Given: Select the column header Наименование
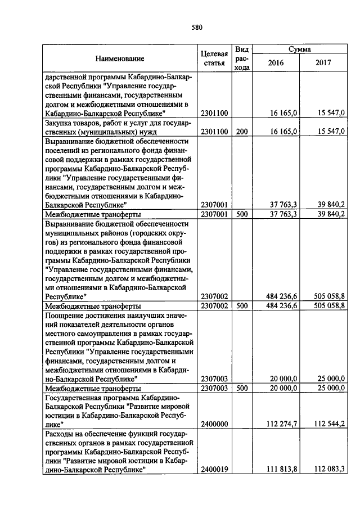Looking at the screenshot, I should tap(119, 58).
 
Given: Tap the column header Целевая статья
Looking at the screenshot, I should tap(214, 58).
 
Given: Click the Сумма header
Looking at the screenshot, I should tap(300, 49).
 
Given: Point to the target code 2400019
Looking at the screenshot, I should tap(214, 470).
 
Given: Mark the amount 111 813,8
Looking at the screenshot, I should tap(280, 470).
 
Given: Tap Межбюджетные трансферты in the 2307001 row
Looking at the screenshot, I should tap(93, 214).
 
